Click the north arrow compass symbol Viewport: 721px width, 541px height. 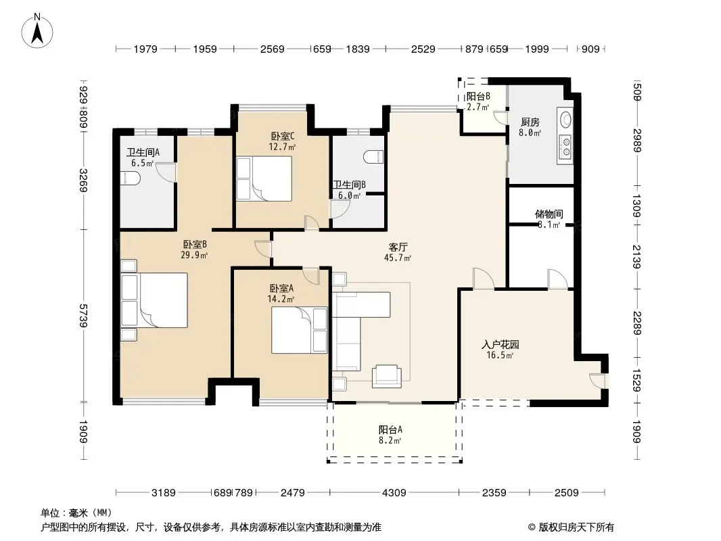click(x=37, y=30)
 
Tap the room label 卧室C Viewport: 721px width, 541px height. click(x=282, y=136)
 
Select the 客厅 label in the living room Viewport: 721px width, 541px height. click(x=398, y=248)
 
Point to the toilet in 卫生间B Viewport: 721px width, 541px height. click(x=373, y=157)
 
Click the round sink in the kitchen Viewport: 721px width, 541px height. click(x=566, y=120)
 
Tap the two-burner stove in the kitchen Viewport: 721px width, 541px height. click(x=565, y=147)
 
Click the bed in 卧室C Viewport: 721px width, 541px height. click(x=264, y=179)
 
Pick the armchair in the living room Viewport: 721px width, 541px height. click(x=386, y=376)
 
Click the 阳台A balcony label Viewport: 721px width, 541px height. click(x=390, y=430)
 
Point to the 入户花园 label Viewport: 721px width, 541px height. click(x=501, y=344)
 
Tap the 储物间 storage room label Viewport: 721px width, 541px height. click(x=549, y=214)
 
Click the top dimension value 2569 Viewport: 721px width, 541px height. click(x=272, y=49)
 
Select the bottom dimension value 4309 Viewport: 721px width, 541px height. click(x=394, y=493)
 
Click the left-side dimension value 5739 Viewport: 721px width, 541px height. click(x=83, y=316)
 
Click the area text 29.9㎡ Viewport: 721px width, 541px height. click(x=194, y=255)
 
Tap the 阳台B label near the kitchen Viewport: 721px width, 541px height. click(x=478, y=97)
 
